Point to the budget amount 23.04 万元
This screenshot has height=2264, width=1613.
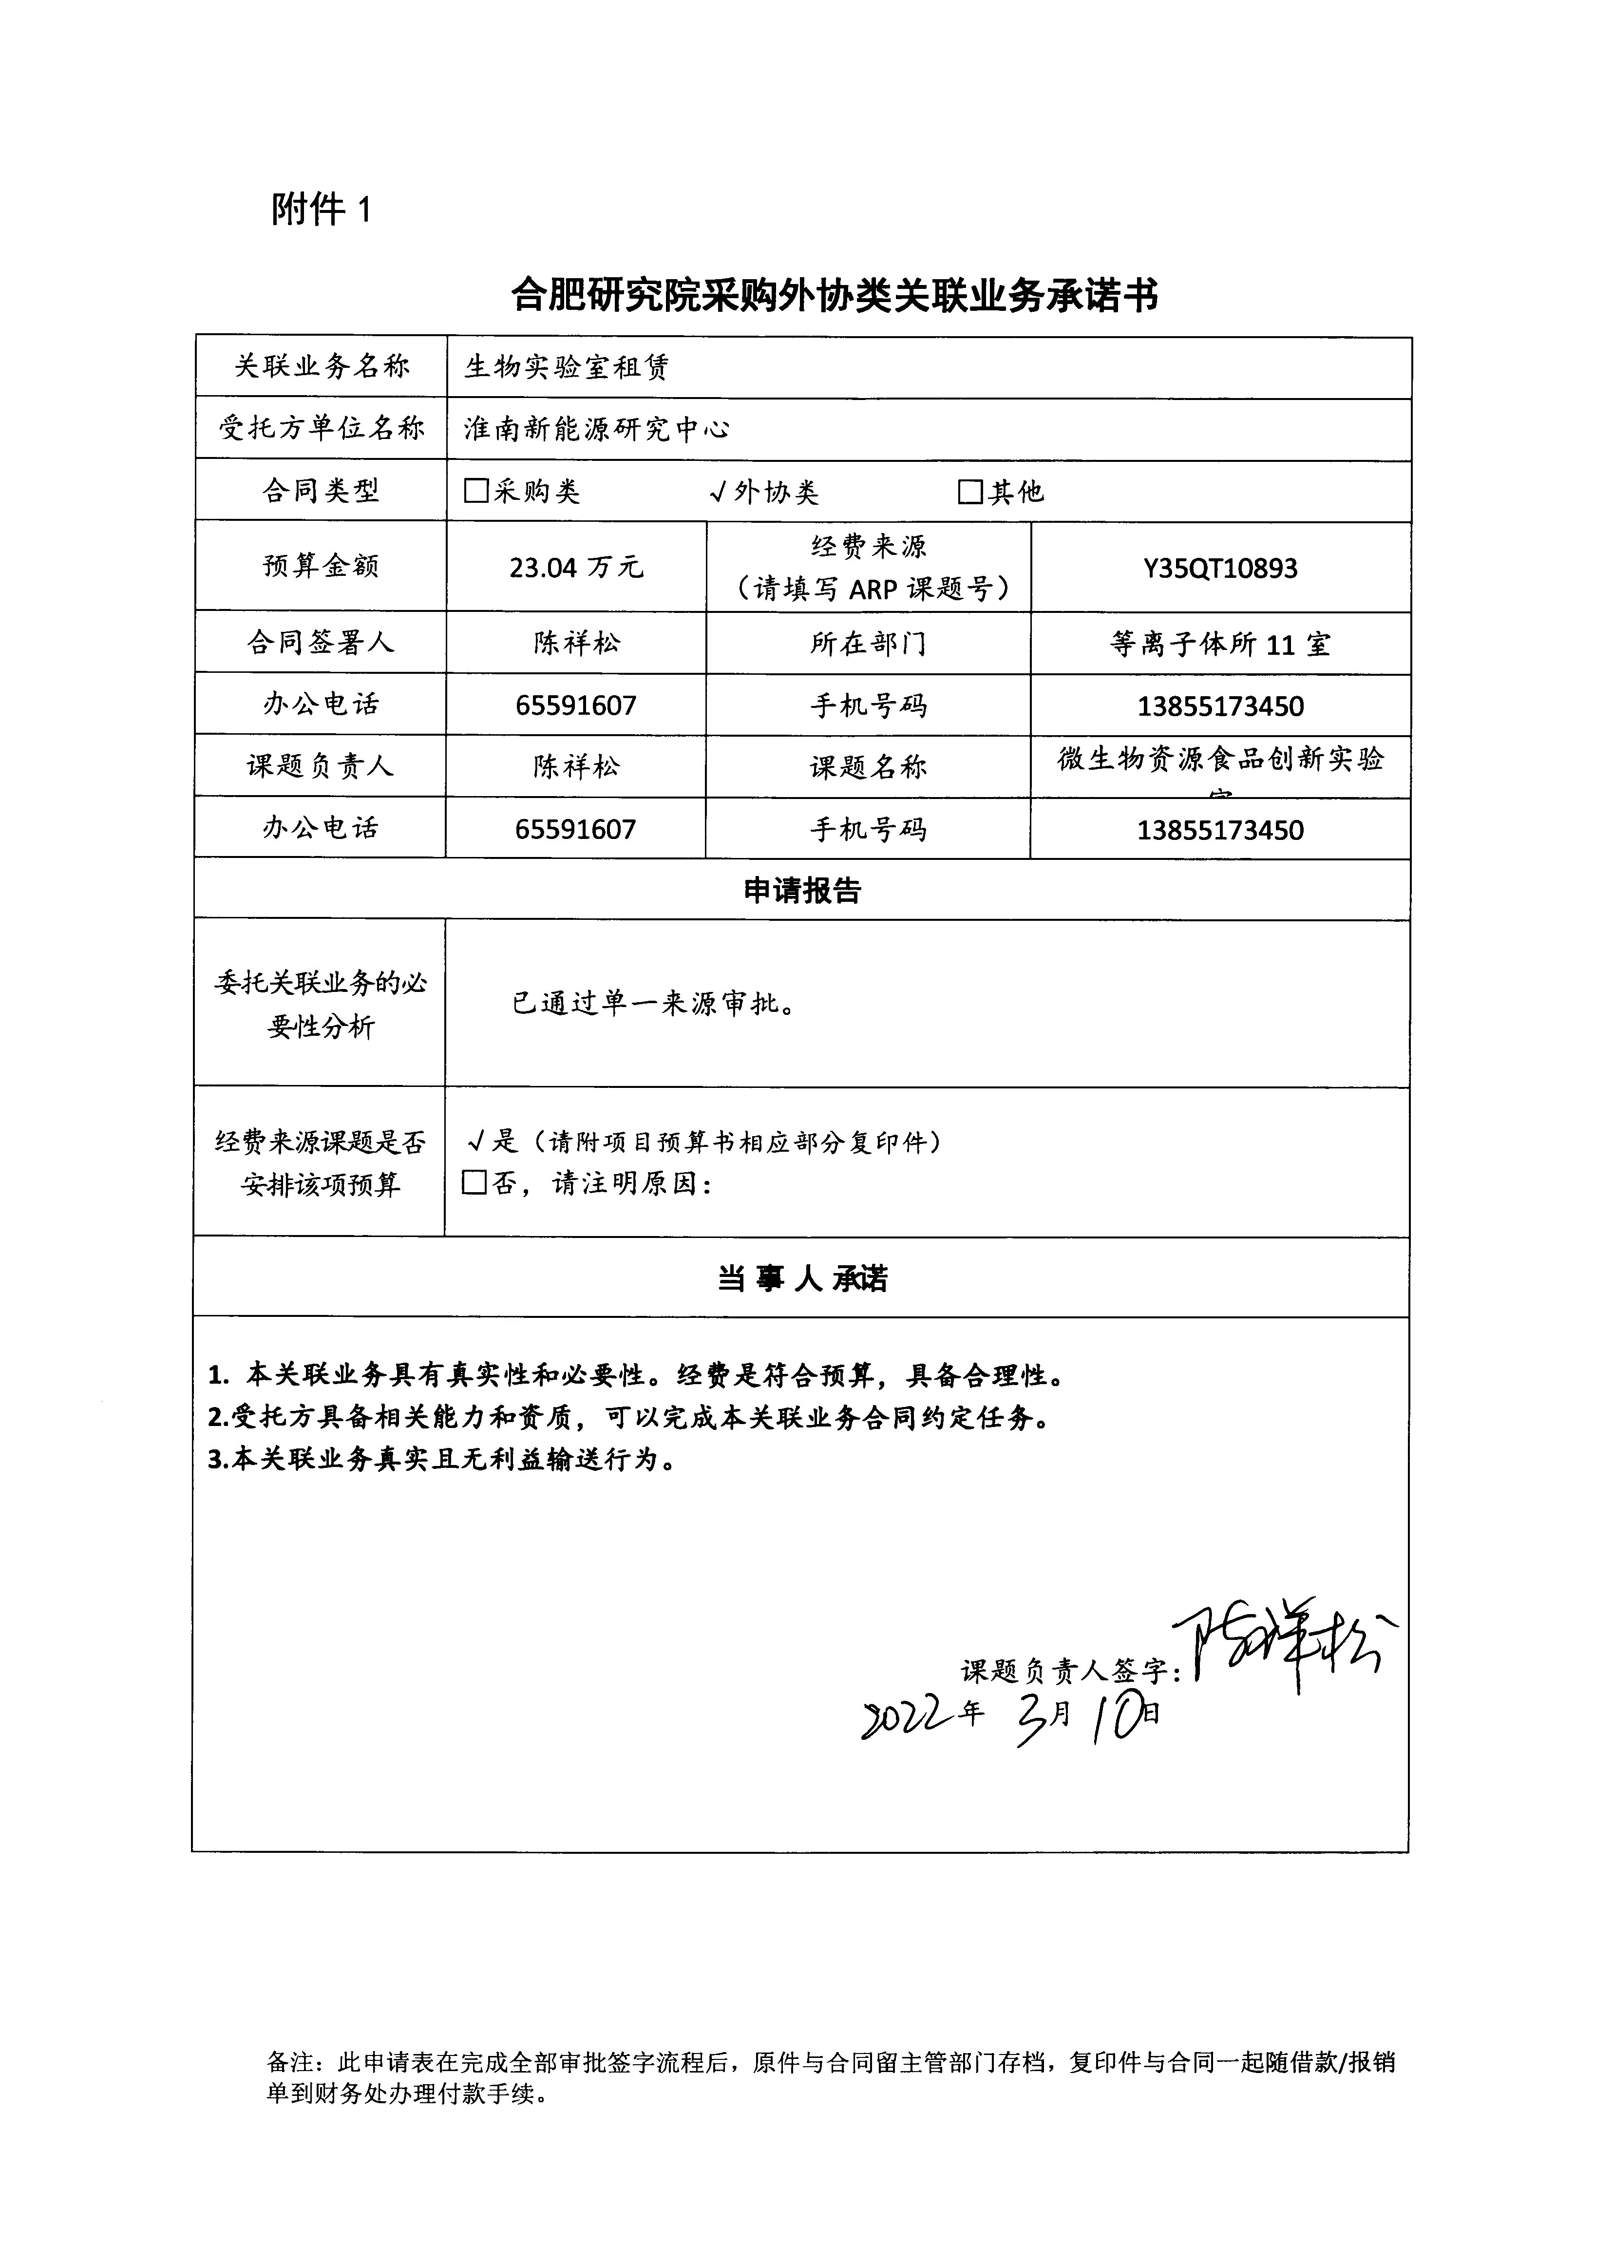[576, 567]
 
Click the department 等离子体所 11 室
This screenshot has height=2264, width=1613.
[1220, 645]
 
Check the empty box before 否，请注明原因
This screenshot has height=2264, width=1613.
[475, 1183]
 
